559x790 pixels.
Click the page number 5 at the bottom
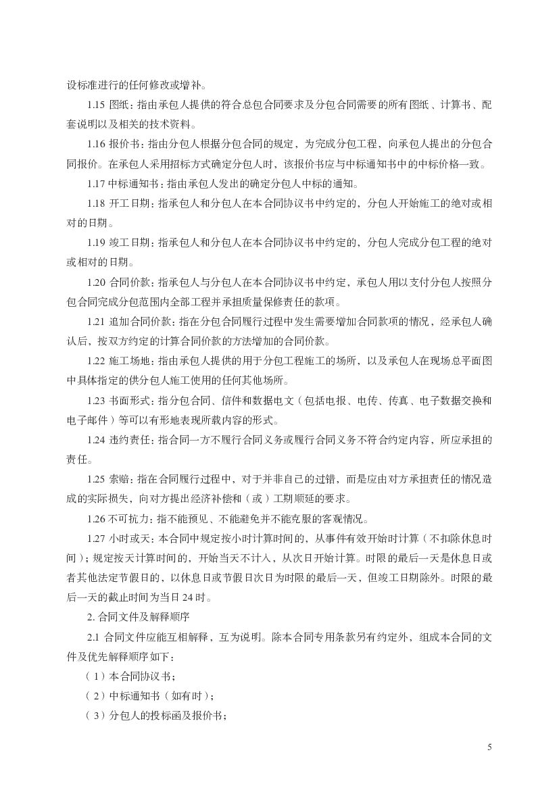[489, 747]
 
